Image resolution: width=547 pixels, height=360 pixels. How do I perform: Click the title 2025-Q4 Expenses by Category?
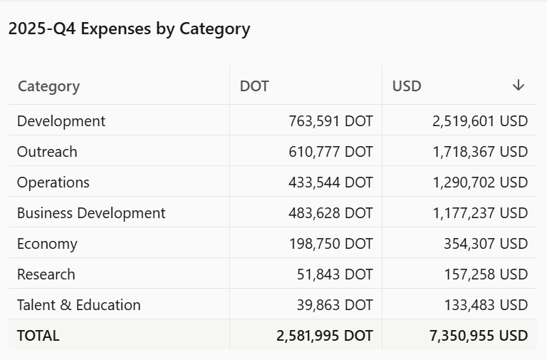click(129, 29)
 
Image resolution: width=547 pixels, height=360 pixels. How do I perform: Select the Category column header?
click(48, 86)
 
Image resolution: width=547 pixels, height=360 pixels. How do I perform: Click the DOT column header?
click(254, 86)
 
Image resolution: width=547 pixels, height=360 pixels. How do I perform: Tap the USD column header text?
click(407, 86)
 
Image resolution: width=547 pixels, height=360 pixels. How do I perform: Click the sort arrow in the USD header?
click(519, 86)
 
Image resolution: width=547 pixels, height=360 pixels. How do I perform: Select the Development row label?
click(61, 121)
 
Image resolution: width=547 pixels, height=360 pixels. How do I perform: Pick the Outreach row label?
click(47, 152)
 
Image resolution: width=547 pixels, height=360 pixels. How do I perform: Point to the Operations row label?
click(53, 182)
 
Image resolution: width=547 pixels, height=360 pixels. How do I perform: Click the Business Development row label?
click(91, 213)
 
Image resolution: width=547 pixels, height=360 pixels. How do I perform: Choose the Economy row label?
click(47, 244)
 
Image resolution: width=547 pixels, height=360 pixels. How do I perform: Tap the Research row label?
click(46, 274)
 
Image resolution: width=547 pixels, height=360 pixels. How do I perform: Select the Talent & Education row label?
click(79, 305)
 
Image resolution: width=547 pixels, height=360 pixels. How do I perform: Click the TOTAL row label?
click(38, 336)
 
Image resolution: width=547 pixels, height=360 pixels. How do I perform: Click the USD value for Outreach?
click(480, 152)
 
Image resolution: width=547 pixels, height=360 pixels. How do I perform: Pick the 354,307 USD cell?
click(485, 244)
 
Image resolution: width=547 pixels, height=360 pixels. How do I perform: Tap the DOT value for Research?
click(335, 274)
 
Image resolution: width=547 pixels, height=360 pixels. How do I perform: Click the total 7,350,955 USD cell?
click(479, 336)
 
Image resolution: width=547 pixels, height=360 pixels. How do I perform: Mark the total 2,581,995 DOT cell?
click(325, 336)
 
